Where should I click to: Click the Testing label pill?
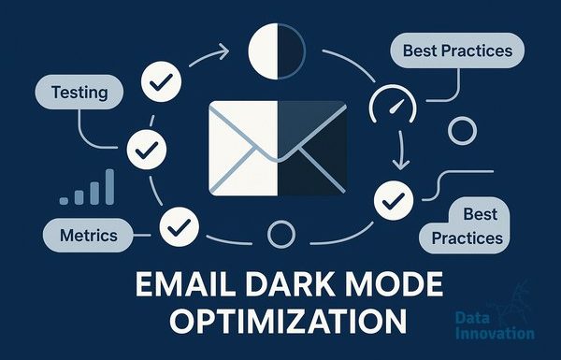(x=79, y=92)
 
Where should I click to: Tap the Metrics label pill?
(x=88, y=235)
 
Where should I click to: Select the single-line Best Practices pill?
(x=457, y=50)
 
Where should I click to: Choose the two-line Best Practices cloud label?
(x=465, y=225)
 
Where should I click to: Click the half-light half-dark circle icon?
(x=277, y=51)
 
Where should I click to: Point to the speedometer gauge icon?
(x=393, y=105)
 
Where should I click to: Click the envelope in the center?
(x=278, y=148)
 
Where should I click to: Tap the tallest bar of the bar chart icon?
(x=109, y=187)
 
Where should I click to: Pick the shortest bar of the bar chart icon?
(x=64, y=201)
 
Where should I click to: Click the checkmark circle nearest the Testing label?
(x=162, y=81)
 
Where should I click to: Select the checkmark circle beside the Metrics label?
(x=180, y=227)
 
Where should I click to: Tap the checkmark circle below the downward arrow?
(x=394, y=201)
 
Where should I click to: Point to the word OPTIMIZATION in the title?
(x=288, y=321)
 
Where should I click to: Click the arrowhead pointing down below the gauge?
(x=401, y=165)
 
